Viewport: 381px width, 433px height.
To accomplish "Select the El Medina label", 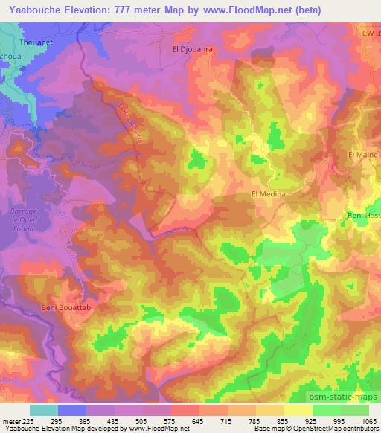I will pyautogui.click(x=269, y=194).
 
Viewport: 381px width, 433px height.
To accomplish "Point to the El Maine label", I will pyautogui.click(x=363, y=154).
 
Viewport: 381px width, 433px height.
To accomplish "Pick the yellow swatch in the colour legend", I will pyautogui.click(x=298, y=410).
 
